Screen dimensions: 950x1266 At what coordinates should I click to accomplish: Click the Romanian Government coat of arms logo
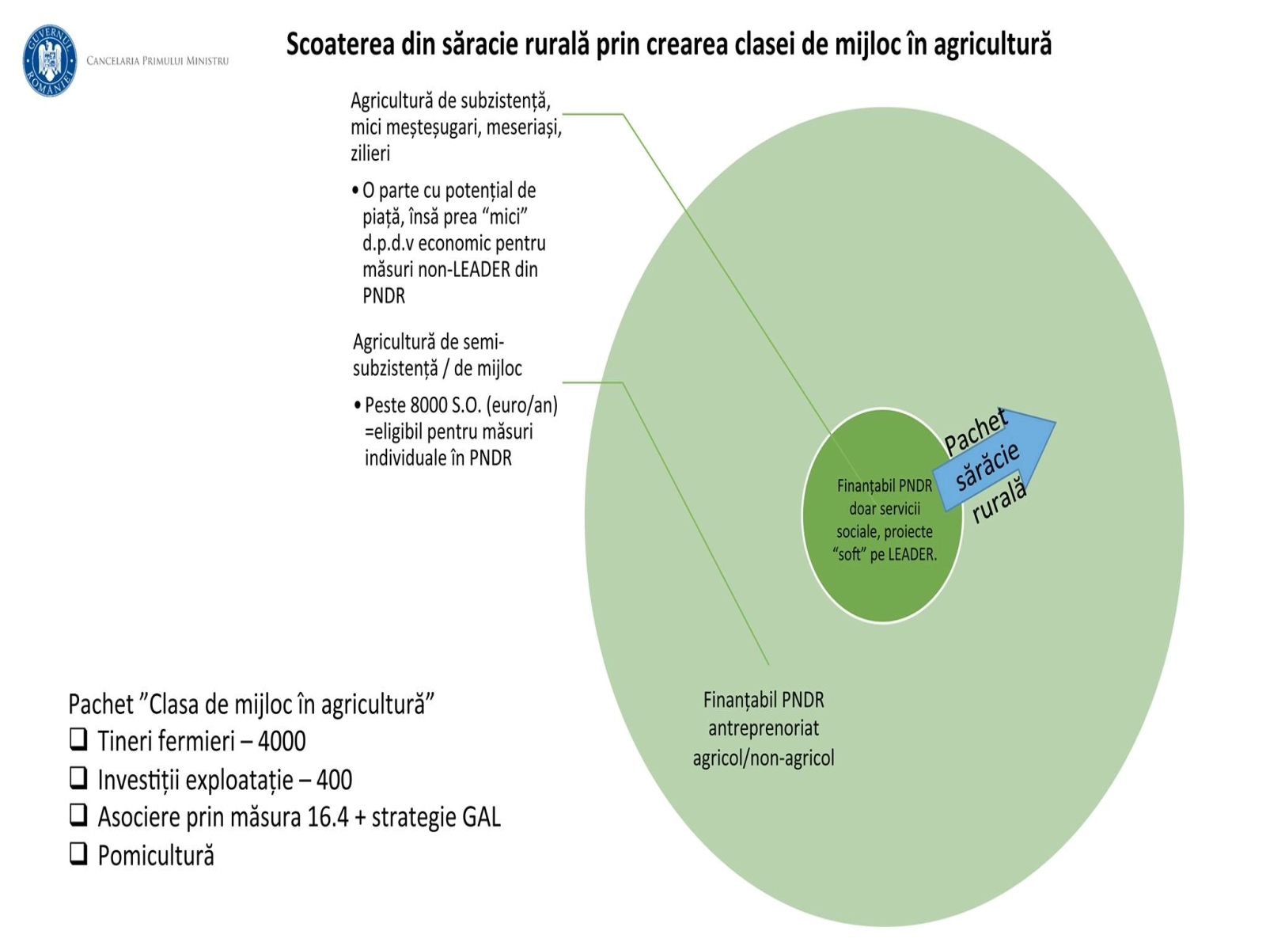50,60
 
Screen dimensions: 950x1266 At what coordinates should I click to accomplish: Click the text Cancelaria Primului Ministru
157,61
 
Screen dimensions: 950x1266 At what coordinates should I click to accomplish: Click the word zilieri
370,154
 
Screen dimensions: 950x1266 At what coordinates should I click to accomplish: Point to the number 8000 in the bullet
430,405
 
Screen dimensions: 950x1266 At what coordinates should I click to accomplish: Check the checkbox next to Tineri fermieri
78,739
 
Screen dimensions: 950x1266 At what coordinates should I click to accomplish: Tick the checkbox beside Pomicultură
78,853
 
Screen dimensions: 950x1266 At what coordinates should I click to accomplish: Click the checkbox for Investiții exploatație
78,778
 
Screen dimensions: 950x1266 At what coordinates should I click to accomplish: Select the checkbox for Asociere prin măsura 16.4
78,815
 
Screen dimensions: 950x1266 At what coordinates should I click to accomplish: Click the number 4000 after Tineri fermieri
282,742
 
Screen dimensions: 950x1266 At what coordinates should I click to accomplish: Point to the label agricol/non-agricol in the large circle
764,758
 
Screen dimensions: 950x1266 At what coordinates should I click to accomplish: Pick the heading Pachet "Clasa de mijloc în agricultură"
252,704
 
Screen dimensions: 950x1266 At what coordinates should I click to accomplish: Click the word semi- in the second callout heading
482,343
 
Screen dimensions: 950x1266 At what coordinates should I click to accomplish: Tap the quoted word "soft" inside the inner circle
850,555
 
